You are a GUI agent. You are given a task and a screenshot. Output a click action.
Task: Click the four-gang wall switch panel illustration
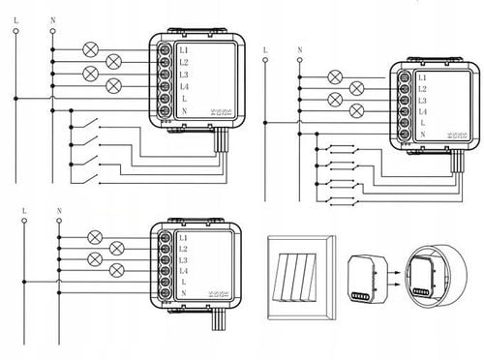(x=301, y=278)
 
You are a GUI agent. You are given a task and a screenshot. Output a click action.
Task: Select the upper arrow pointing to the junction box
(x=394, y=273)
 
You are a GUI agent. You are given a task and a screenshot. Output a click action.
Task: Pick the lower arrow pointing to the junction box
(x=394, y=285)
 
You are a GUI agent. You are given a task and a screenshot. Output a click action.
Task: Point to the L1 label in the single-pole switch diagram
(x=184, y=50)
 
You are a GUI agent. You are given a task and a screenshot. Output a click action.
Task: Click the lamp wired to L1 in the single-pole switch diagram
(x=90, y=49)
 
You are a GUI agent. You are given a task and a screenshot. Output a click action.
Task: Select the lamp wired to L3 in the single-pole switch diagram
(x=90, y=74)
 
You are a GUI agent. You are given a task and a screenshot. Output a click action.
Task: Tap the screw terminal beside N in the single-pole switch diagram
(x=165, y=110)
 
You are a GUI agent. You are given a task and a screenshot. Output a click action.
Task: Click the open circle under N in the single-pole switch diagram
(x=53, y=31)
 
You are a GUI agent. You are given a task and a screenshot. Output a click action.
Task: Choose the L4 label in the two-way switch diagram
(x=422, y=112)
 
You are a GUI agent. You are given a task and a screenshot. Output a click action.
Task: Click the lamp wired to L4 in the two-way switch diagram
(x=357, y=111)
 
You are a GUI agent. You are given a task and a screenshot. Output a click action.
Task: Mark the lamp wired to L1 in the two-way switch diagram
(x=335, y=77)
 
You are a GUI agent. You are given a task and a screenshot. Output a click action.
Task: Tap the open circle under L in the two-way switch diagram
(x=265, y=60)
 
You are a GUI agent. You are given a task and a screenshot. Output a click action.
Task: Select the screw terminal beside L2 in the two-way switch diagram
(x=404, y=89)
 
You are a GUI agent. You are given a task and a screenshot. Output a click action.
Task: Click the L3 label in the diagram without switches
(x=183, y=260)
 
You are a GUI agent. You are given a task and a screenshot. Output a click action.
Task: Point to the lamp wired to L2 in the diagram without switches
(x=117, y=249)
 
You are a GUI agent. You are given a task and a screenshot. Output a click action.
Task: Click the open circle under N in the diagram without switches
(x=59, y=221)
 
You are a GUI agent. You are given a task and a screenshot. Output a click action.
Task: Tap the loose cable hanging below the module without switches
(x=217, y=318)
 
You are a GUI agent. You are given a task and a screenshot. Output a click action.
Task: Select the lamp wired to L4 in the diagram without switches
(x=117, y=270)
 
